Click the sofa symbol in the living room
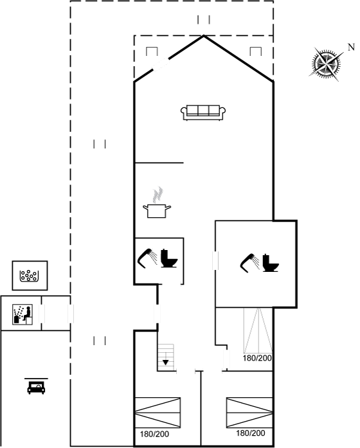(x=203, y=112)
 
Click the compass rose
(x=326, y=63)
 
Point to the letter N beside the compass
(x=351, y=47)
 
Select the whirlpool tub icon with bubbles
(x=30, y=276)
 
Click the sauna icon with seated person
(x=22, y=314)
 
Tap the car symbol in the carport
(x=36, y=386)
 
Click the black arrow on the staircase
(x=165, y=363)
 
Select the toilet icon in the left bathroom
(x=169, y=258)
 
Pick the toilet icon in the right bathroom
(x=270, y=263)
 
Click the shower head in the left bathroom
(x=147, y=258)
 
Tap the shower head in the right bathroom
(x=249, y=263)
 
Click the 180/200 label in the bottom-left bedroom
(x=154, y=435)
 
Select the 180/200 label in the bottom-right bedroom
(x=251, y=433)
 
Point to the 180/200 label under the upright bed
(x=257, y=358)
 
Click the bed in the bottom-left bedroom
(x=157, y=413)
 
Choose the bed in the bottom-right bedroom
(x=249, y=413)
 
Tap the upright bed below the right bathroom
(x=258, y=330)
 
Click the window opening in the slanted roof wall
(x=161, y=64)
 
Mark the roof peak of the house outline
(x=204, y=35)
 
